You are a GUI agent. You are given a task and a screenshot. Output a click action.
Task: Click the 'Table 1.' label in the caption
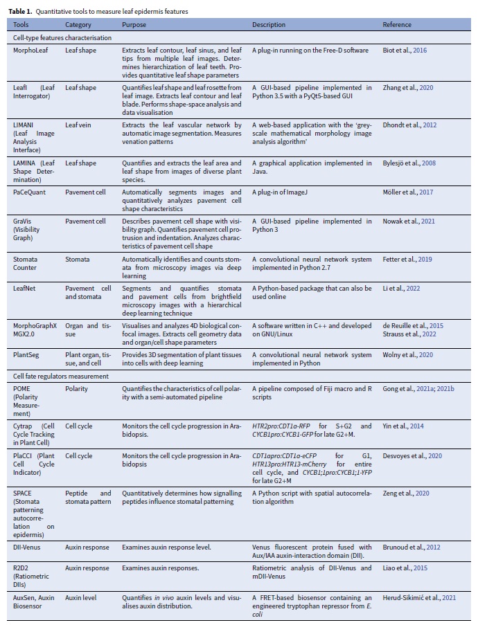pyautogui.click(x=21, y=12)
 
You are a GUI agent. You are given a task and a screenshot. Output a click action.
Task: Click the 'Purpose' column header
pyautogui.click(x=134, y=25)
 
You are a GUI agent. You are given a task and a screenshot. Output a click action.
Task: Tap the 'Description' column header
pyautogui.click(x=269, y=25)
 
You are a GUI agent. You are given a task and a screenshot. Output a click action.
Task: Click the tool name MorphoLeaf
pyautogui.click(x=30, y=51)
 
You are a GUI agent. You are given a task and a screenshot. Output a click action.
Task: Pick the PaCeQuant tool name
pyautogui.click(x=29, y=192)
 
